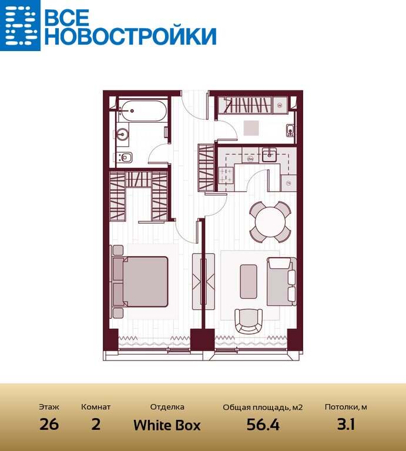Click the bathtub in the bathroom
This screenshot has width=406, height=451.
[142, 111]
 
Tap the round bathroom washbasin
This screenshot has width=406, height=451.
[123, 134]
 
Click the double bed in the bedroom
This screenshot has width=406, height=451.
[140, 282]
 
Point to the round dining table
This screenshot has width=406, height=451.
[270, 222]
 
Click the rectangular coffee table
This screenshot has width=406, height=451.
[249, 282]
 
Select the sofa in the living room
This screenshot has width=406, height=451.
[281, 282]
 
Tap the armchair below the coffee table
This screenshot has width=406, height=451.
[249, 321]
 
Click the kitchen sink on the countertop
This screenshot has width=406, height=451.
[269, 155]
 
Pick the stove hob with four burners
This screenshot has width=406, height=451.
[226, 176]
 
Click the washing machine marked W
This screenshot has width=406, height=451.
[280, 106]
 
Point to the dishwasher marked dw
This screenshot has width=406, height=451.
[250, 159]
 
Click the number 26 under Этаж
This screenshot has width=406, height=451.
[49, 424]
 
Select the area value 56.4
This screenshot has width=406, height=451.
[263, 425]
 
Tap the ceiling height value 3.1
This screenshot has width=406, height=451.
[346, 424]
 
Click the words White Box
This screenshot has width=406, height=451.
[167, 425]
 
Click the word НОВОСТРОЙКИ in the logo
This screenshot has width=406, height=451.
[130, 36]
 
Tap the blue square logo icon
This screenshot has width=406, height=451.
[20, 25]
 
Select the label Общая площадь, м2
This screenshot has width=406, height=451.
[263, 408]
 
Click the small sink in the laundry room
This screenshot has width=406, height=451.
[290, 130]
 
